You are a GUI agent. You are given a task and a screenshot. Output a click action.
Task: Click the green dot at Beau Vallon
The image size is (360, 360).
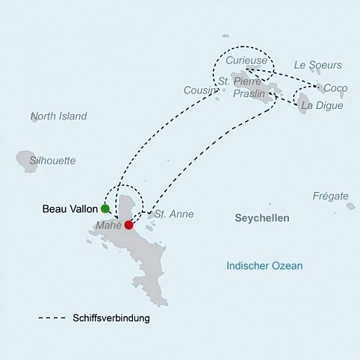click(105, 208)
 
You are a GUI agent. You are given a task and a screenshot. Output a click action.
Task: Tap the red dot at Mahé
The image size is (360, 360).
click(128, 225)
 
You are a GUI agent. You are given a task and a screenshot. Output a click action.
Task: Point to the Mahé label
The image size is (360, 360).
click(109, 225)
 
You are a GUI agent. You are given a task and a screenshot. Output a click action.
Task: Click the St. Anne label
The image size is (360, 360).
click(176, 214)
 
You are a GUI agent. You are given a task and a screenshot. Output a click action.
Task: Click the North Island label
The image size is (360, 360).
click(59, 117)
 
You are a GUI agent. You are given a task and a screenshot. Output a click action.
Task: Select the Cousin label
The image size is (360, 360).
click(198, 90)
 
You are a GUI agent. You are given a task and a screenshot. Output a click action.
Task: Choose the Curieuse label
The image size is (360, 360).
click(246, 60)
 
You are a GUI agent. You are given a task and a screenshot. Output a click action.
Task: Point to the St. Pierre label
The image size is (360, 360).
click(238, 81)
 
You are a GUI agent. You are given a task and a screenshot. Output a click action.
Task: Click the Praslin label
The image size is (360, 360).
click(249, 94)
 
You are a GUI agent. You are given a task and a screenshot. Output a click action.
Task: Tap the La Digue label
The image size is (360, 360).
click(322, 106)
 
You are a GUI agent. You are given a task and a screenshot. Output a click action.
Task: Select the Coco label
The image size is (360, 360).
click(335, 88)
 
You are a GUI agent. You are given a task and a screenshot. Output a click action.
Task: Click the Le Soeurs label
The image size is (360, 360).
click(318, 66)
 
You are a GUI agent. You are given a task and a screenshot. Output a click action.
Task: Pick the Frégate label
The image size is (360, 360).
click(330, 196)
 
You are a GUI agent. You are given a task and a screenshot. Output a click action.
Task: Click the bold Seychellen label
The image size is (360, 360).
click(261, 219)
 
